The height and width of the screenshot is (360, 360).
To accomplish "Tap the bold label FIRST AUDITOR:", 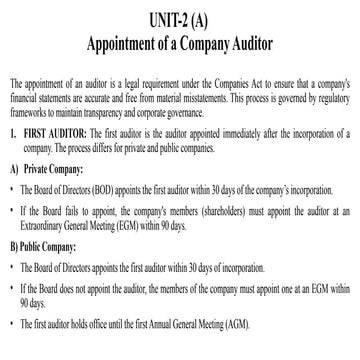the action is [49, 132].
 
